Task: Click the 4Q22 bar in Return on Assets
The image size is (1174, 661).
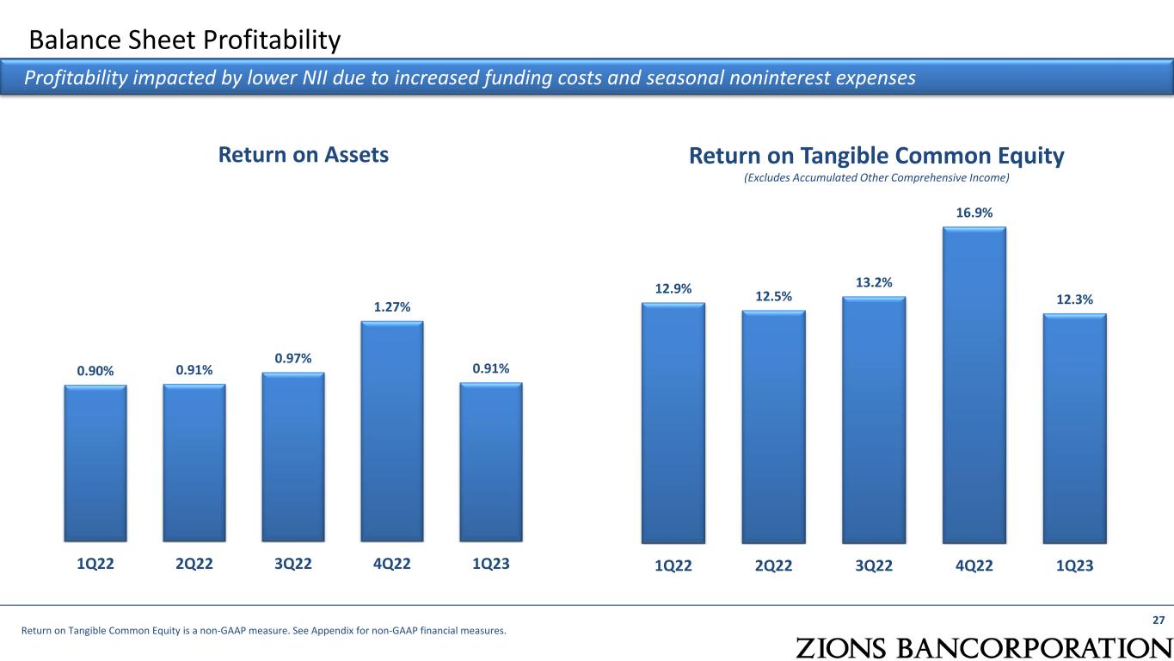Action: coord(392,432)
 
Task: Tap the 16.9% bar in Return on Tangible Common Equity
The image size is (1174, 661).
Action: coord(974,385)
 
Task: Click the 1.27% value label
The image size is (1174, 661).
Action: coord(392,306)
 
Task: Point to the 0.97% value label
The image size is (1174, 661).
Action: coord(293,357)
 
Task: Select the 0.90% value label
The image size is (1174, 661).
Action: coord(95,371)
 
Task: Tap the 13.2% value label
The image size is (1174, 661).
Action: coord(874,282)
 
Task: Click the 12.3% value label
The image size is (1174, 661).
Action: coord(1074,300)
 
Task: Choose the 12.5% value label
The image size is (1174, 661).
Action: coord(774,296)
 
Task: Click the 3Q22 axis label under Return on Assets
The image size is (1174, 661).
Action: coord(293,565)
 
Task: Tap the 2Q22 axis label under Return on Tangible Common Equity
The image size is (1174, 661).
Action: coord(774,565)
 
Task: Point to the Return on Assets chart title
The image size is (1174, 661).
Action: coord(304,155)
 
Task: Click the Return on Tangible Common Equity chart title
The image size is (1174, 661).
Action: coord(876,156)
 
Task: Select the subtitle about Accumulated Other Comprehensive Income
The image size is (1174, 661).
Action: coord(876,178)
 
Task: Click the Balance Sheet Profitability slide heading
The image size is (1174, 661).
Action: coord(185,40)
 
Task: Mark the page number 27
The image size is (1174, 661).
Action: coord(1158,621)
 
